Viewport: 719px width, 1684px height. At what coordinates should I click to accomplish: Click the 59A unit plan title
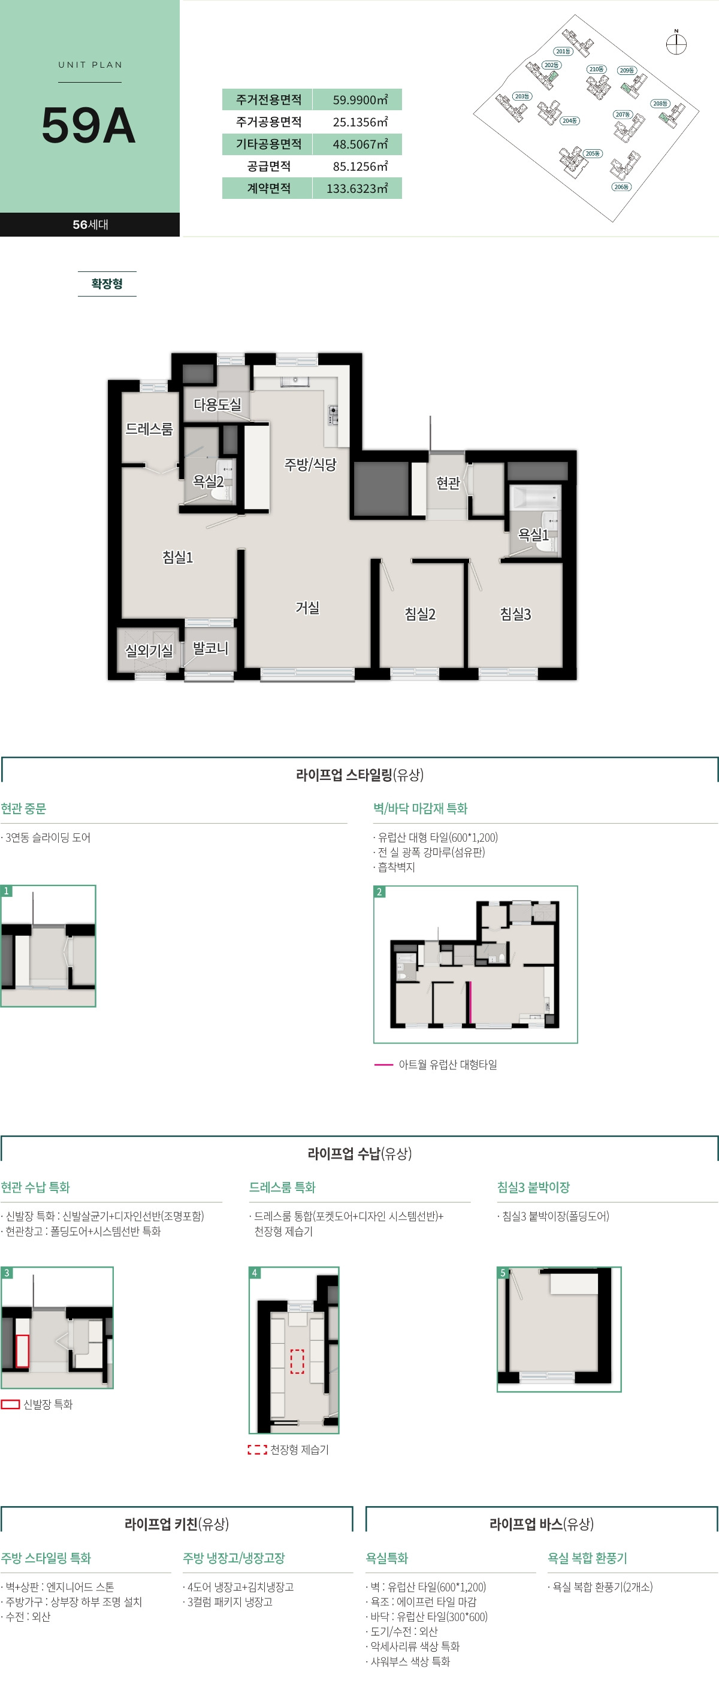[89, 126]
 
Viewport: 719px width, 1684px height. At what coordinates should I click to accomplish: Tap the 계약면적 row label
[268, 188]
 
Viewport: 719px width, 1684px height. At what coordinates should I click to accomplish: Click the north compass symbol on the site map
[676, 44]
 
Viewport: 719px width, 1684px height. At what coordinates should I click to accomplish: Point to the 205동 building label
[593, 153]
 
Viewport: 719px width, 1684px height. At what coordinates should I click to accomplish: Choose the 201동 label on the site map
[563, 51]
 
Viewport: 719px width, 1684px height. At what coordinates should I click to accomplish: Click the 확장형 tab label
[107, 284]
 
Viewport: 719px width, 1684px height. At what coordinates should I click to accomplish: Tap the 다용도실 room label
[217, 404]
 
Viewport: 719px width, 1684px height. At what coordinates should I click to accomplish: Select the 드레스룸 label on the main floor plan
[149, 429]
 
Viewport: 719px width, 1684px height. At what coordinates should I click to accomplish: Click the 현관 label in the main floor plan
[448, 482]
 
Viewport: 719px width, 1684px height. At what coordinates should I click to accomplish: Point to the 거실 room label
[307, 607]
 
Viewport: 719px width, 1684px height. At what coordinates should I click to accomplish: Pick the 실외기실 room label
[149, 651]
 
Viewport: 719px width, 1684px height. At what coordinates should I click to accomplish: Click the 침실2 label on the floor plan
[419, 614]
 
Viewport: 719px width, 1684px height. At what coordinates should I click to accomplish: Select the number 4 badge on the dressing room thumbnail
[255, 1273]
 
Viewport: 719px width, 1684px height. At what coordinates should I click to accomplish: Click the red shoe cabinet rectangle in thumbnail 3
[22, 1350]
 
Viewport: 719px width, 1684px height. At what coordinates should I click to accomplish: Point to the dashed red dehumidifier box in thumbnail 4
[297, 1361]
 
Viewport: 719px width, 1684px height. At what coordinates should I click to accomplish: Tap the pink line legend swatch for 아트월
[383, 1065]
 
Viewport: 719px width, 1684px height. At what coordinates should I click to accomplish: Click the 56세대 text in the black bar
[90, 224]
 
